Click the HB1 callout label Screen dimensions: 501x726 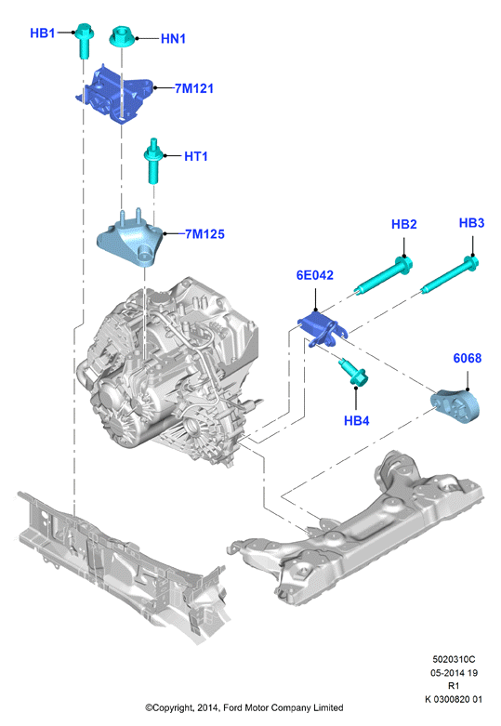coord(42,33)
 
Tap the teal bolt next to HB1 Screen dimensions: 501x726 coord(85,40)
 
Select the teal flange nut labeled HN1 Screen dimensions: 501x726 coord(122,37)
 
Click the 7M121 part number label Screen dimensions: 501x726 coord(194,88)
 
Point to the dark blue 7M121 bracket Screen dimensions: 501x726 coord(114,94)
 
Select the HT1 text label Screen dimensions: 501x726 coord(196,156)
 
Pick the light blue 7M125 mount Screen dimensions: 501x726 coord(131,240)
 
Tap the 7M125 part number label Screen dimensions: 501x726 coord(204,234)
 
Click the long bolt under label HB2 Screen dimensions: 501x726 coord(383,276)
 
